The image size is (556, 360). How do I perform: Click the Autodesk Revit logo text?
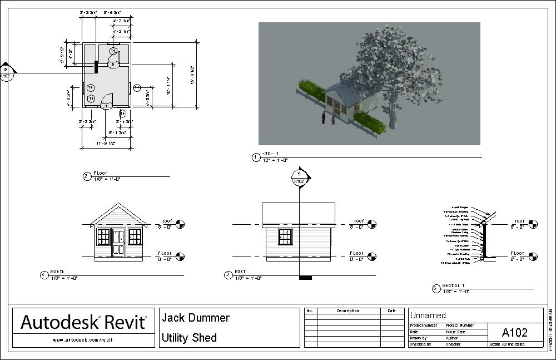click(x=84, y=322)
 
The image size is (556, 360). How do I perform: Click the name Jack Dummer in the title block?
click(x=195, y=318)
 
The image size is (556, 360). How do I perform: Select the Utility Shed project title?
click(x=189, y=338)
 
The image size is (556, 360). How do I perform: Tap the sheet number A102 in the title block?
click(x=514, y=333)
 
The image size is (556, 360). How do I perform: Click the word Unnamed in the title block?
click(x=428, y=315)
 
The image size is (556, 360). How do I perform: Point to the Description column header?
click(x=348, y=311)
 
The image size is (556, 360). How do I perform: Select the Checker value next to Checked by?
click(x=453, y=344)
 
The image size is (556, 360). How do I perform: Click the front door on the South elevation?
click(x=118, y=242)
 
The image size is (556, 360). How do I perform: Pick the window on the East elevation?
click(x=285, y=236)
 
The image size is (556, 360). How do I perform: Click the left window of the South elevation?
click(x=103, y=236)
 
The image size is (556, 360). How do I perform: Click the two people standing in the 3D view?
click(x=327, y=118)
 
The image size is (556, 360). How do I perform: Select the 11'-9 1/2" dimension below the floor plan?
click(x=105, y=144)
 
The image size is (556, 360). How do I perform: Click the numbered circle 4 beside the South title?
click(x=44, y=274)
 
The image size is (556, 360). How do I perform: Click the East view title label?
click(x=240, y=272)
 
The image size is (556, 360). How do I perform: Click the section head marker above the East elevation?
click(x=300, y=177)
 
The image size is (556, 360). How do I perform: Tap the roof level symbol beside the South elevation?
click(x=180, y=224)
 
